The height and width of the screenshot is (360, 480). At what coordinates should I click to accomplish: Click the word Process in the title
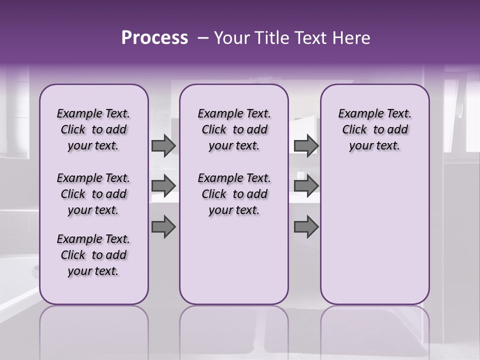point(154,38)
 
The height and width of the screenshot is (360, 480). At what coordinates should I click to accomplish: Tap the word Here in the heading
point(351,38)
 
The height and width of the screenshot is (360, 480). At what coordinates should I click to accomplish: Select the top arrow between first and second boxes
point(163,145)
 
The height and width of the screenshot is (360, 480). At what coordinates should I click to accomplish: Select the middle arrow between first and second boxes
point(163,185)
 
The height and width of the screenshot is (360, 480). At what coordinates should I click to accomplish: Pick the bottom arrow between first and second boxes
point(163,227)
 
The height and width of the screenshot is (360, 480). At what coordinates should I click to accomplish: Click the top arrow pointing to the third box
point(306,145)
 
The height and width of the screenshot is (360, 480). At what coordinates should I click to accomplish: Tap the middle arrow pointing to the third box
point(306,185)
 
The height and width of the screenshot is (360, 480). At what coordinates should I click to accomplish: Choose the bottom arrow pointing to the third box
point(306,227)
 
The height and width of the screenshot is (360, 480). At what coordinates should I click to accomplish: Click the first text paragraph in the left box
point(93,129)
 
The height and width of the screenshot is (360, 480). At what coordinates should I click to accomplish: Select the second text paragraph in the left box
point(93,194)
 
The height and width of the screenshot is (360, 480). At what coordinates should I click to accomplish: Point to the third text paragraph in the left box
point(93,255)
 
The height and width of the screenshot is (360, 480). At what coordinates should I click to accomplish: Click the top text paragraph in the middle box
point(234,129)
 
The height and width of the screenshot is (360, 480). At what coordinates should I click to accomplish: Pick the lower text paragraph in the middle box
point(234,194)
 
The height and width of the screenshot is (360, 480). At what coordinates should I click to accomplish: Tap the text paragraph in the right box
point(374,129)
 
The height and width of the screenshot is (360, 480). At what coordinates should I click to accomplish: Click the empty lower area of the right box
point(374,235)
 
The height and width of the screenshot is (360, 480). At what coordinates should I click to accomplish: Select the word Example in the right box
point(357,114)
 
